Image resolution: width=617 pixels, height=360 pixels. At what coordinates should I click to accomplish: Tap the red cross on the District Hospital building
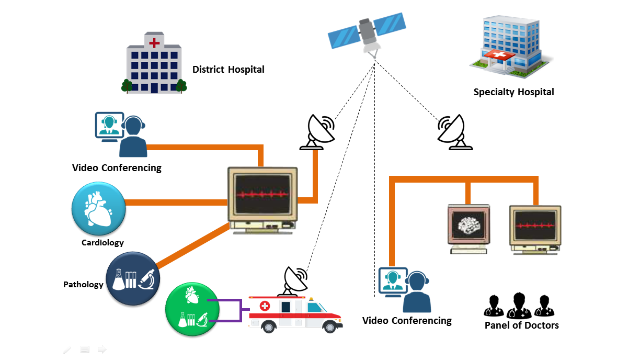154,42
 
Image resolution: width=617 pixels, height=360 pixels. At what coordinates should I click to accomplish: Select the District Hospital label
228,70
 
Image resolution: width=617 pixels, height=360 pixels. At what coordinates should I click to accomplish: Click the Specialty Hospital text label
513,92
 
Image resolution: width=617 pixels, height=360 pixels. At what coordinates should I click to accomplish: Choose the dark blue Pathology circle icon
133,278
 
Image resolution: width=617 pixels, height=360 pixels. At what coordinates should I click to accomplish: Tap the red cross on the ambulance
265,306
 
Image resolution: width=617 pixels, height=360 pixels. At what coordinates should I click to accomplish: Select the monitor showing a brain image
469,227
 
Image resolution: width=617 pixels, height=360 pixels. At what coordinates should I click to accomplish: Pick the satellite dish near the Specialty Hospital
453,131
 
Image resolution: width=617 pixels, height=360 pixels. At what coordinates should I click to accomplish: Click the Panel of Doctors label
521,325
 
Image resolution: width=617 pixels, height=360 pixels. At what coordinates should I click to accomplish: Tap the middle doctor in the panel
518,306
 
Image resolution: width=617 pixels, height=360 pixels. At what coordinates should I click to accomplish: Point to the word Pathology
83,285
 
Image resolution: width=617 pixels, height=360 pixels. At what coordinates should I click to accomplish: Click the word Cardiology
102,243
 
